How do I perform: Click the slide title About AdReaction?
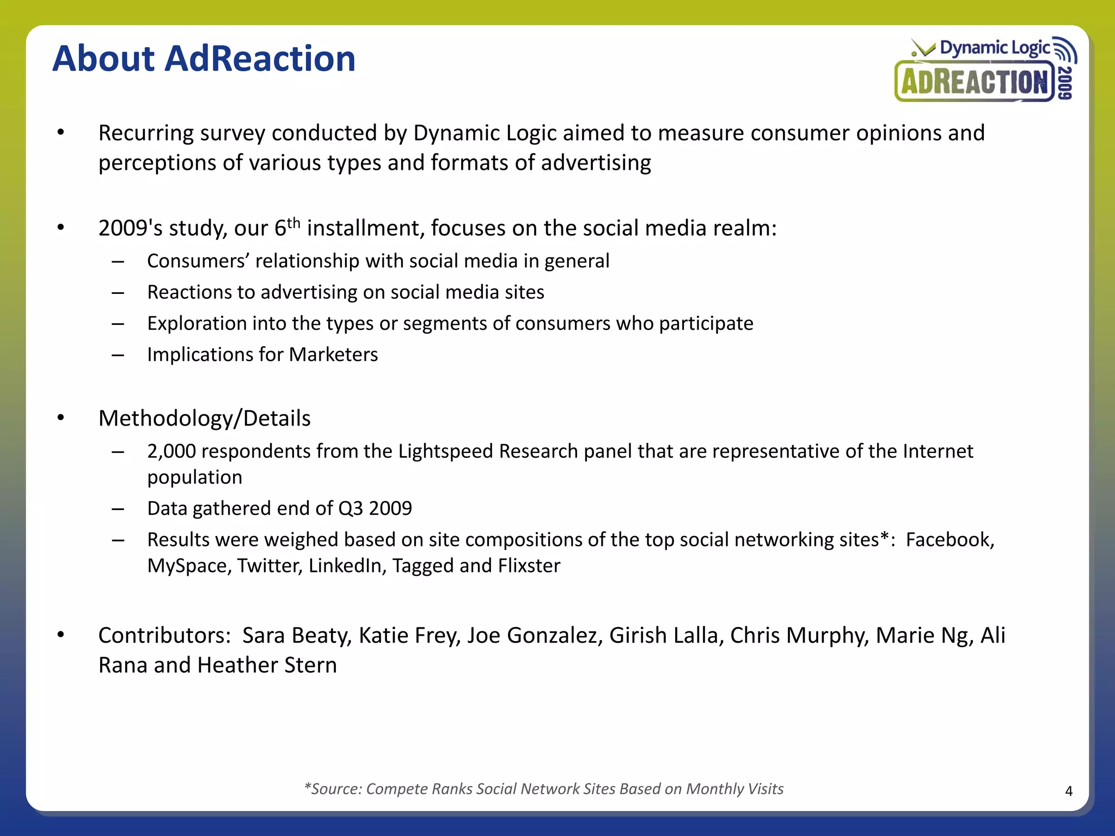click(204, 58)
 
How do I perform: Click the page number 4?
click(1069, 791)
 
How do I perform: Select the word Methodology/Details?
click(204, 419)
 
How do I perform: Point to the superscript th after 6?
click(293, 223)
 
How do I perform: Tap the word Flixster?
click(529, 566)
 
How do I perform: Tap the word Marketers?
click(333, 355)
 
